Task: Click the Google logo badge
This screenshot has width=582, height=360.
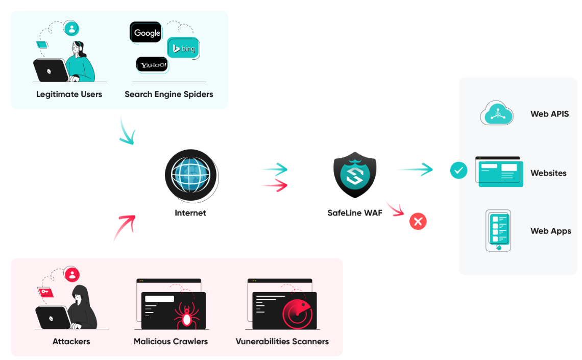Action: (145, 32)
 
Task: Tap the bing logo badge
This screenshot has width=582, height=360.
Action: (183, 48)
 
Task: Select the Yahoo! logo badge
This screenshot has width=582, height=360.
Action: (152, 65)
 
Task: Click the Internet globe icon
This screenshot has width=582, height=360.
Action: (191, 176)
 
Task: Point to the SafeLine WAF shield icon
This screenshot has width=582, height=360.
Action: (355, 175)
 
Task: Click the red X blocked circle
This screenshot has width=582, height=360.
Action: (418, 222)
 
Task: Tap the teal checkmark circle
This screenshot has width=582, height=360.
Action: (459, 171)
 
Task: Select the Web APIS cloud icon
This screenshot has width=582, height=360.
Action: (497, 113)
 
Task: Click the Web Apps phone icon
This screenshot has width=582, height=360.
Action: (498, 230)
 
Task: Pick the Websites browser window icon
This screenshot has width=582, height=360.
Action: (499, 172)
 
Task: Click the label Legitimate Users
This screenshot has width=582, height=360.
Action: (69, 94)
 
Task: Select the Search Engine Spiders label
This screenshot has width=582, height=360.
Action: (169, 94)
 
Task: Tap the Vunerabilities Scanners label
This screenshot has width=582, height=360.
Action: (282, 342)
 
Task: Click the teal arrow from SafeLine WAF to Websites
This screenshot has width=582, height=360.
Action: (416, 169)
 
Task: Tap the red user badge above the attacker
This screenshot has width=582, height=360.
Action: (72, 275)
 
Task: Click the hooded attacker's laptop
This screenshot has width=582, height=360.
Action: (53, 318)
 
